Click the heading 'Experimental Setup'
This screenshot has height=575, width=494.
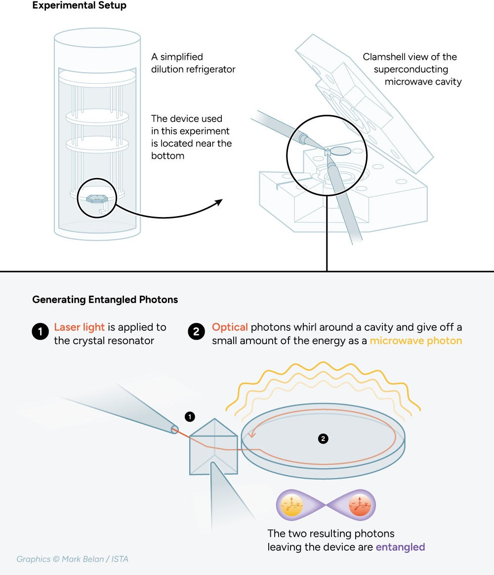pos(79,6)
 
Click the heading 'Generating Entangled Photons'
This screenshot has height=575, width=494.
pos(105,300)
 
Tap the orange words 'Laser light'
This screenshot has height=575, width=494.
pos(79,327)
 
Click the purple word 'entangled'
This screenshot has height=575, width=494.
pos(400,547)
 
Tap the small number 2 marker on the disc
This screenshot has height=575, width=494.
pos(323,439)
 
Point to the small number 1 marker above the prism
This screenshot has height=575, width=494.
pos(189,417)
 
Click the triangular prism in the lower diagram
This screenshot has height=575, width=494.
pos(213,447)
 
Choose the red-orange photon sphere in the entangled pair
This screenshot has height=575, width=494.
pos(358,505)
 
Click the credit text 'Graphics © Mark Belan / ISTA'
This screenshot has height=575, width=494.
pos(73,559)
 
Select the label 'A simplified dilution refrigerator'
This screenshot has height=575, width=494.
pos(193,63)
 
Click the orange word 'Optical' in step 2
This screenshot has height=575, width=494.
pos(230,327)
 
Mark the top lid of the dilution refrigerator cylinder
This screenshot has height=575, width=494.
pos(97,36)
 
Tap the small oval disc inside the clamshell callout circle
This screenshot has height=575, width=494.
pos(340,150)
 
